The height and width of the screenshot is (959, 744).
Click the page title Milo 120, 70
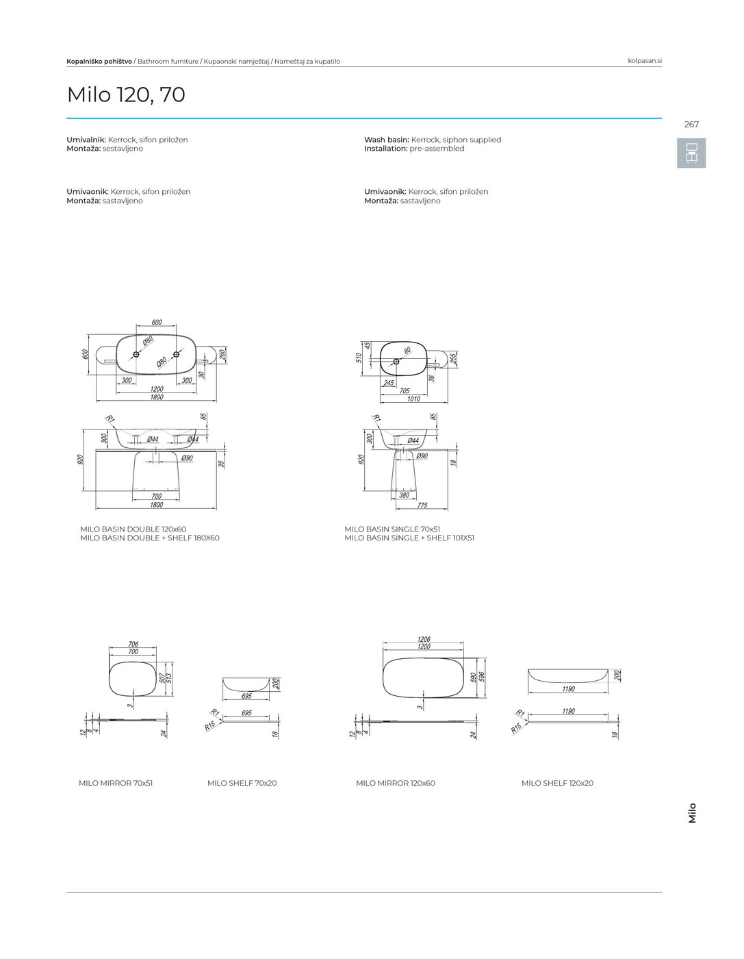click(126, 95)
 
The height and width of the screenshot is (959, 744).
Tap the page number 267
click(691, 125)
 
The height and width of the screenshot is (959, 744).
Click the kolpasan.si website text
click(645, 61)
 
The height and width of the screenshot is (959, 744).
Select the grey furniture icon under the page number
click(691, 153)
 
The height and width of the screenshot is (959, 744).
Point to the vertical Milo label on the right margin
click(692, 813)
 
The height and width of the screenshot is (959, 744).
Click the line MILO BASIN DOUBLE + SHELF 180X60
click(150, 538)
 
